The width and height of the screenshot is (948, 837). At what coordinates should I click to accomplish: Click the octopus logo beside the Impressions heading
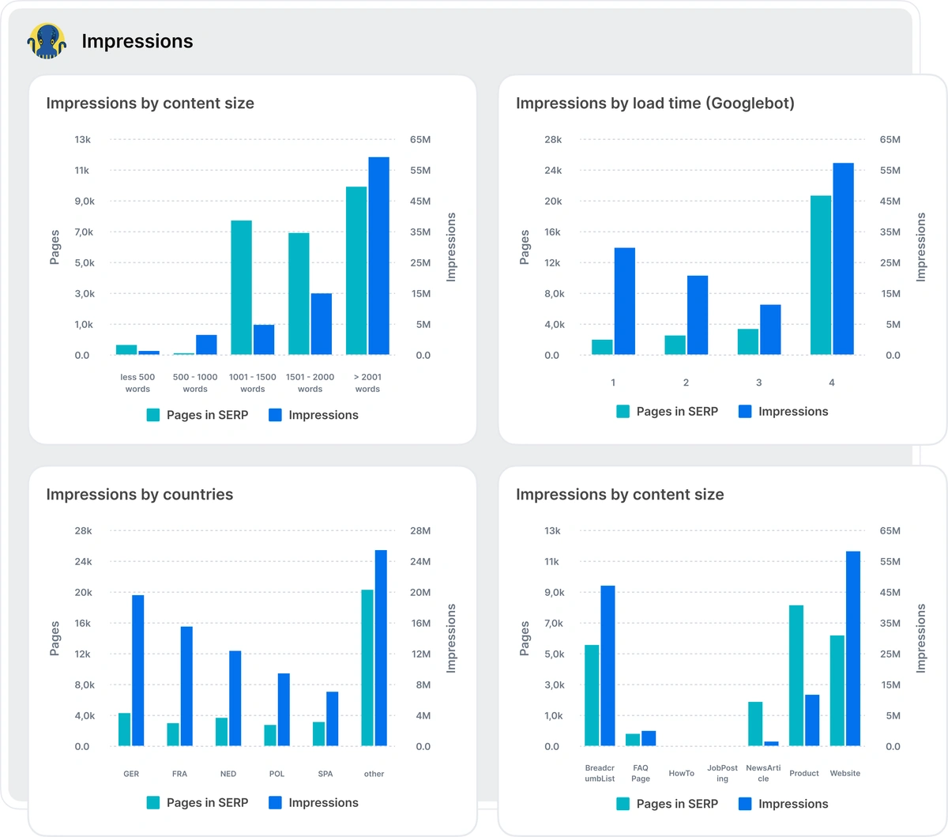47,41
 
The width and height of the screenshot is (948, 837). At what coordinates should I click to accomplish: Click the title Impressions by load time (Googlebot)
655,104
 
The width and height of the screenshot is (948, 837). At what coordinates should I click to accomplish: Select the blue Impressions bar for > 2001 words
378,255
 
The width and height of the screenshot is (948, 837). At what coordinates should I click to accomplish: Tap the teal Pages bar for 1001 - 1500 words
241,287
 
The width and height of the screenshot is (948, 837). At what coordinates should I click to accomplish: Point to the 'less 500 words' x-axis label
137,383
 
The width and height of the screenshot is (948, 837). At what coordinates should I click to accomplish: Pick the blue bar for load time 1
624,300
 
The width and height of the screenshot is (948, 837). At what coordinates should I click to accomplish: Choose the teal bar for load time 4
821,274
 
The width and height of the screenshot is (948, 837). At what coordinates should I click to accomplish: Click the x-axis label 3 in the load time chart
758,383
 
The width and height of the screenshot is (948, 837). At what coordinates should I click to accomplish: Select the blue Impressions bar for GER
138,670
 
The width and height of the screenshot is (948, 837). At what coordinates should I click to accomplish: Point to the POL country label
276,774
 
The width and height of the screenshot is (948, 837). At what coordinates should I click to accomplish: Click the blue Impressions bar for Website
853,648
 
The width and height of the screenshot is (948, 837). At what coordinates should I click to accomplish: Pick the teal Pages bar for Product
796,675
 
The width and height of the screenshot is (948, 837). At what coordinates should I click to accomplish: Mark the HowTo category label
681,774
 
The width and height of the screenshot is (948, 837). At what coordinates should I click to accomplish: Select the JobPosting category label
722,774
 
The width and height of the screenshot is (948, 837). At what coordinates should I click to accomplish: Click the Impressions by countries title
140,495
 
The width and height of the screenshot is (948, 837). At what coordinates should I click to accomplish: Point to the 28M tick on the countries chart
420,531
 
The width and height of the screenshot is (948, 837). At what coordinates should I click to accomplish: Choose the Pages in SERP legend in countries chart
197,803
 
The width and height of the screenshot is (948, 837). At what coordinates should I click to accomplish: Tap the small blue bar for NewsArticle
772,743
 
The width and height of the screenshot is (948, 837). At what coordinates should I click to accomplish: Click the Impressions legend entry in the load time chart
784,412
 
